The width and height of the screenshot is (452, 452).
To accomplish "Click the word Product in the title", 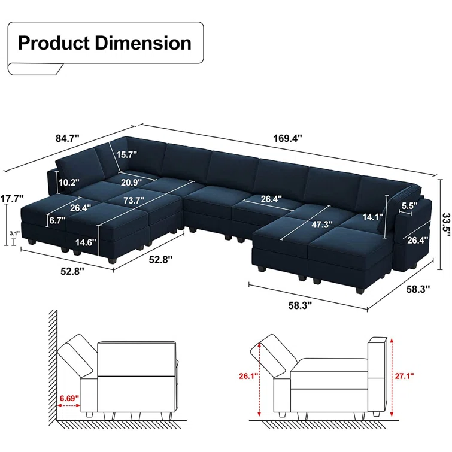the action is (54, 43).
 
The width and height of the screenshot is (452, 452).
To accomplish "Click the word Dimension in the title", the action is (143, 43).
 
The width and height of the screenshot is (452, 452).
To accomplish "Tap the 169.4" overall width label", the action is (287, 138).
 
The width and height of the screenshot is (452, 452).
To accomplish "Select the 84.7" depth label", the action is (67, 138).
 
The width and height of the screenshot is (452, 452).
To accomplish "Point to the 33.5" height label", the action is (446, 225).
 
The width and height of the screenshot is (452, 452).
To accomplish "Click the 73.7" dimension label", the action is (134, 200).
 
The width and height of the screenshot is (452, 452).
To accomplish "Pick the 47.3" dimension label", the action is (322, 225).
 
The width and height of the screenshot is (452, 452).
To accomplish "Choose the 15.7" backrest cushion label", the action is (126, 154).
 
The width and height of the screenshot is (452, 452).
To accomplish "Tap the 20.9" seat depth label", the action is (132, 183).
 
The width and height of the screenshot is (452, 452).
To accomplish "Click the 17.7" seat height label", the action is (12, 199).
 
